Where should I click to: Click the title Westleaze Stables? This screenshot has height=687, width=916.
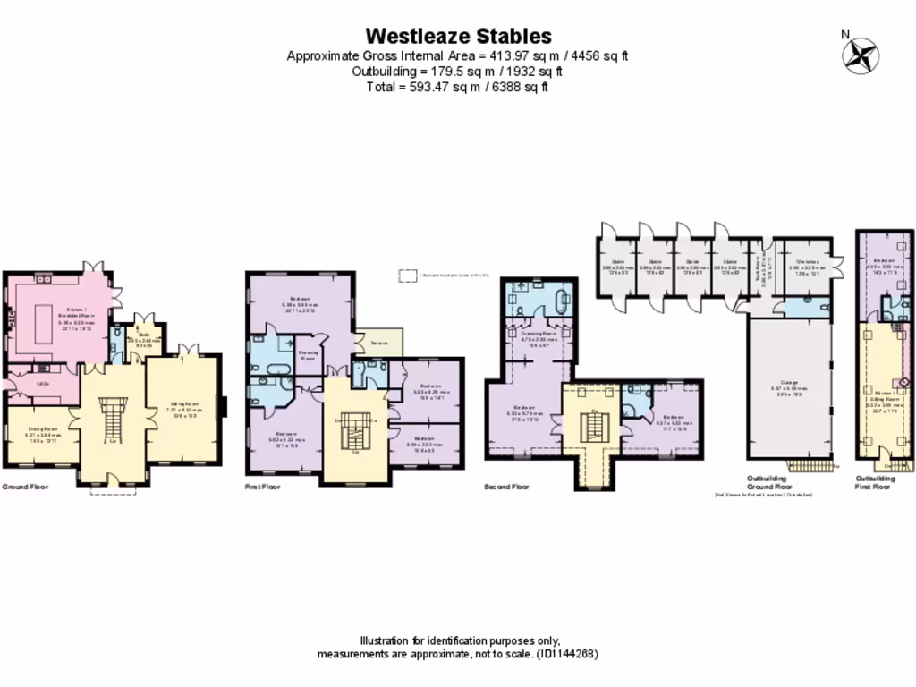coord(458,36)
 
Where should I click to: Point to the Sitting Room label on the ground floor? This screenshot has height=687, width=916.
coord(183,404)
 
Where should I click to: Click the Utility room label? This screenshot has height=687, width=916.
coord(42,383)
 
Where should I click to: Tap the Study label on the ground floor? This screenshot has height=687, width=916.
coord(143,335)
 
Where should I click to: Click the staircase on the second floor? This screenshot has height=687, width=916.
coord(595,429)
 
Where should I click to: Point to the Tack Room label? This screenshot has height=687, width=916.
coord(762,266)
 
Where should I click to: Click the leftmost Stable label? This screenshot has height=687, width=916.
coord(617,262)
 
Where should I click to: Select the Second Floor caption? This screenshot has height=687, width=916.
coord(507,488)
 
